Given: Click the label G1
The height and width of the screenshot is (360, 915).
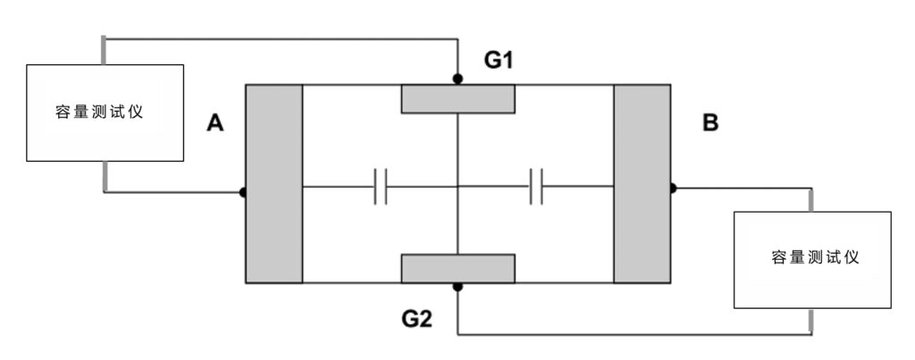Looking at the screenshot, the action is [499, 60].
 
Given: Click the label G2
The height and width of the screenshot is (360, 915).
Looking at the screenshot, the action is [416, 319].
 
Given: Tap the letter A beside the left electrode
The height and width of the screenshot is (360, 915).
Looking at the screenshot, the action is [215, 123].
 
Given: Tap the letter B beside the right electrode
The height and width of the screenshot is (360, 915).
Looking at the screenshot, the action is [710, 123].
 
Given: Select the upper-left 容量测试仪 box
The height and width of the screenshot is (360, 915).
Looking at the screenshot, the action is [105, 113].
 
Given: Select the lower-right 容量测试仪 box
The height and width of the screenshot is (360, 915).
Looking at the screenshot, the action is [812, 260].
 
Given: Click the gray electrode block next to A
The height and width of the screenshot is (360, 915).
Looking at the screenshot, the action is [274, 184].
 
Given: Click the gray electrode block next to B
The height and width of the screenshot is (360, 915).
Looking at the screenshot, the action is [642, 184].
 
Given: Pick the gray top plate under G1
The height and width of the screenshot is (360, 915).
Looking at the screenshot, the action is [458, 98].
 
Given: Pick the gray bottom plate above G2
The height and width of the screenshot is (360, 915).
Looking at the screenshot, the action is [458, 268].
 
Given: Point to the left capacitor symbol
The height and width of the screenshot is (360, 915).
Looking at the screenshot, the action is [381, 187].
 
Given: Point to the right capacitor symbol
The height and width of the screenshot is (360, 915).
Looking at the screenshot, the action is [536, 187].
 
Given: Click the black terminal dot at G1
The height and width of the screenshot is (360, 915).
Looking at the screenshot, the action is [458, 79].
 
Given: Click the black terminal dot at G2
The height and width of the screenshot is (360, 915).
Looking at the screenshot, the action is [458, 287].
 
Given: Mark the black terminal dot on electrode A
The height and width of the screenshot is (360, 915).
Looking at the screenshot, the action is [243, 192].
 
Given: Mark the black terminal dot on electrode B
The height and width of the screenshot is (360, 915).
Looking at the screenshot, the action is [672, 188].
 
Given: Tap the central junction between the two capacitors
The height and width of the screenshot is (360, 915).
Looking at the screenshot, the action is [458, 187].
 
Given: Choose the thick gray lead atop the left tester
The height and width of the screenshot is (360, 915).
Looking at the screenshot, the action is [104, 50].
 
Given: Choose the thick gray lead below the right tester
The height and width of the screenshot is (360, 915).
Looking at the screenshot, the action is [811, 322].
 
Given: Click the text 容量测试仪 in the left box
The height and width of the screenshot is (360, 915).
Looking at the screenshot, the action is [99, 112].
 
